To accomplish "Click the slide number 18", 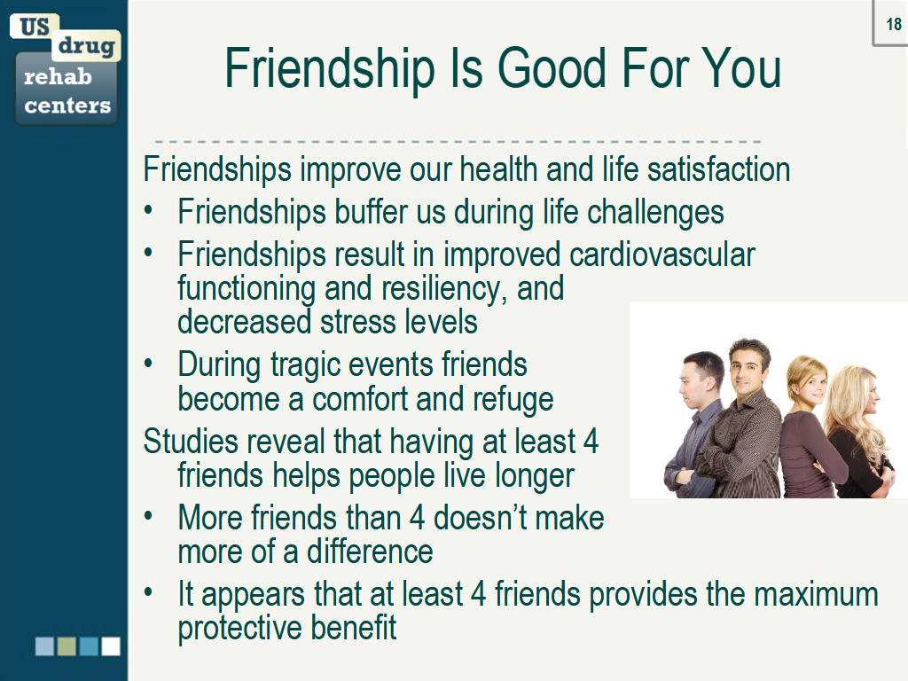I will (894, 25).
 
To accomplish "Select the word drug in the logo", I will (87, 45).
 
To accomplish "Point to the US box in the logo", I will (35, 26).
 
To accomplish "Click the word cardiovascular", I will (662, 255).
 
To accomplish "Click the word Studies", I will (190, 441).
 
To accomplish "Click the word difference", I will (370, 552).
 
